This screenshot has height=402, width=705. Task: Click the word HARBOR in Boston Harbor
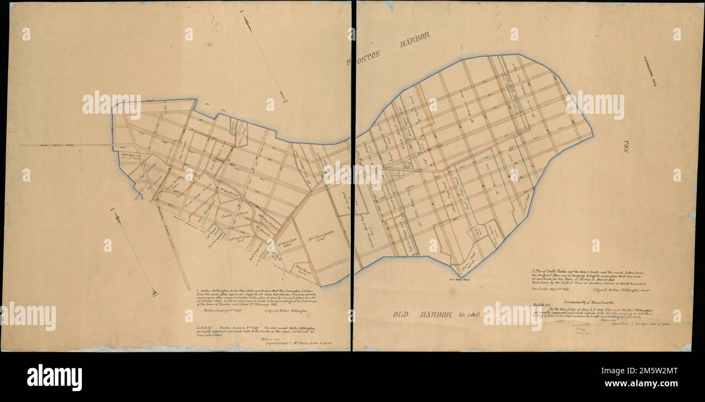pos(415,40)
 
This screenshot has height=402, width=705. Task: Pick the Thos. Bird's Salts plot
pos(300,268)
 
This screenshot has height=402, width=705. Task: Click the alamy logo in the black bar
pos(54,377)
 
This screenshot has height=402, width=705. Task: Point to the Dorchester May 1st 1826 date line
pos(550,290)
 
